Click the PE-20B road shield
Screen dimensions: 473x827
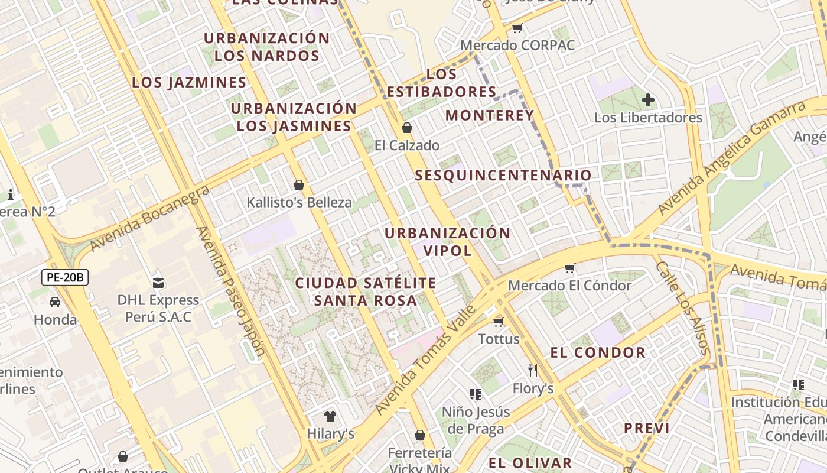click(x=65, y=277)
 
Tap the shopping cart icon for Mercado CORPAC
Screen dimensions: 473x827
click(x=517, y=28)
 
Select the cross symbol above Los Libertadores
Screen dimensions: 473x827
click(x=648, y=100)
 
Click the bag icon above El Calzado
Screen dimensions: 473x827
click(x=406, y=128)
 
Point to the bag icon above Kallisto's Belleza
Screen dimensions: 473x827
click(x=299, y=185)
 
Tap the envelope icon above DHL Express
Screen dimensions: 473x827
click(x=158, y=282)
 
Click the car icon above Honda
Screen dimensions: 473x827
click(x=55, y=302)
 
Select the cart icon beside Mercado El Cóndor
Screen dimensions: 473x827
click(x=570, y=268)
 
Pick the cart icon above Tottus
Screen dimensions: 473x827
click(x=499, y=322)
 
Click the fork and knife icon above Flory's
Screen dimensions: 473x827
click(x=533, y=371)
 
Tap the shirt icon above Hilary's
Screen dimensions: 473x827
click(x=330, y=416)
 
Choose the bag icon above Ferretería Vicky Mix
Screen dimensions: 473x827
click(x=420, y=436)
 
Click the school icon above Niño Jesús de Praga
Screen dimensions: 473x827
click(x=476, y=394)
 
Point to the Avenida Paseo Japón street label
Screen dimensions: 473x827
click(x=230, y=293)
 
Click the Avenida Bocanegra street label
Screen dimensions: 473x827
click(x=150, y=218)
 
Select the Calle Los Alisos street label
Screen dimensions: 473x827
click(x=682, y=307)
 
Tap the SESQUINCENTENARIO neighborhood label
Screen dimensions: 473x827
click(x=503, y=176)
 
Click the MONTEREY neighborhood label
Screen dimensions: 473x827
click(x=490, y=115)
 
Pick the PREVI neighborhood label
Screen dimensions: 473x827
click(x=647, y=428)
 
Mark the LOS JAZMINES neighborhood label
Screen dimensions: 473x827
click(x=189, y=82)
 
